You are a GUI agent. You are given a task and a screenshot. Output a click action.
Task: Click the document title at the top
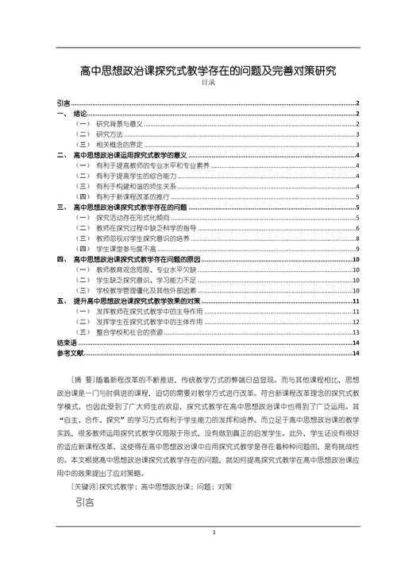(208, 71)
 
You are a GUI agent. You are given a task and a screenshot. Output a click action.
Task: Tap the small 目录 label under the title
(208, 83)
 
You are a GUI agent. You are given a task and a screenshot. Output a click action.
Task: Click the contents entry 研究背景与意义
(118, 125)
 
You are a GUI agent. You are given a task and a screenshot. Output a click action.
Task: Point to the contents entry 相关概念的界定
(119, 145)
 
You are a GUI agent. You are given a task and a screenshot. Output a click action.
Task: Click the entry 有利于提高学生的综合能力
(132, 176)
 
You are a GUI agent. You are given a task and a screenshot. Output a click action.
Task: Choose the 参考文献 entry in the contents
(70, 352)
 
